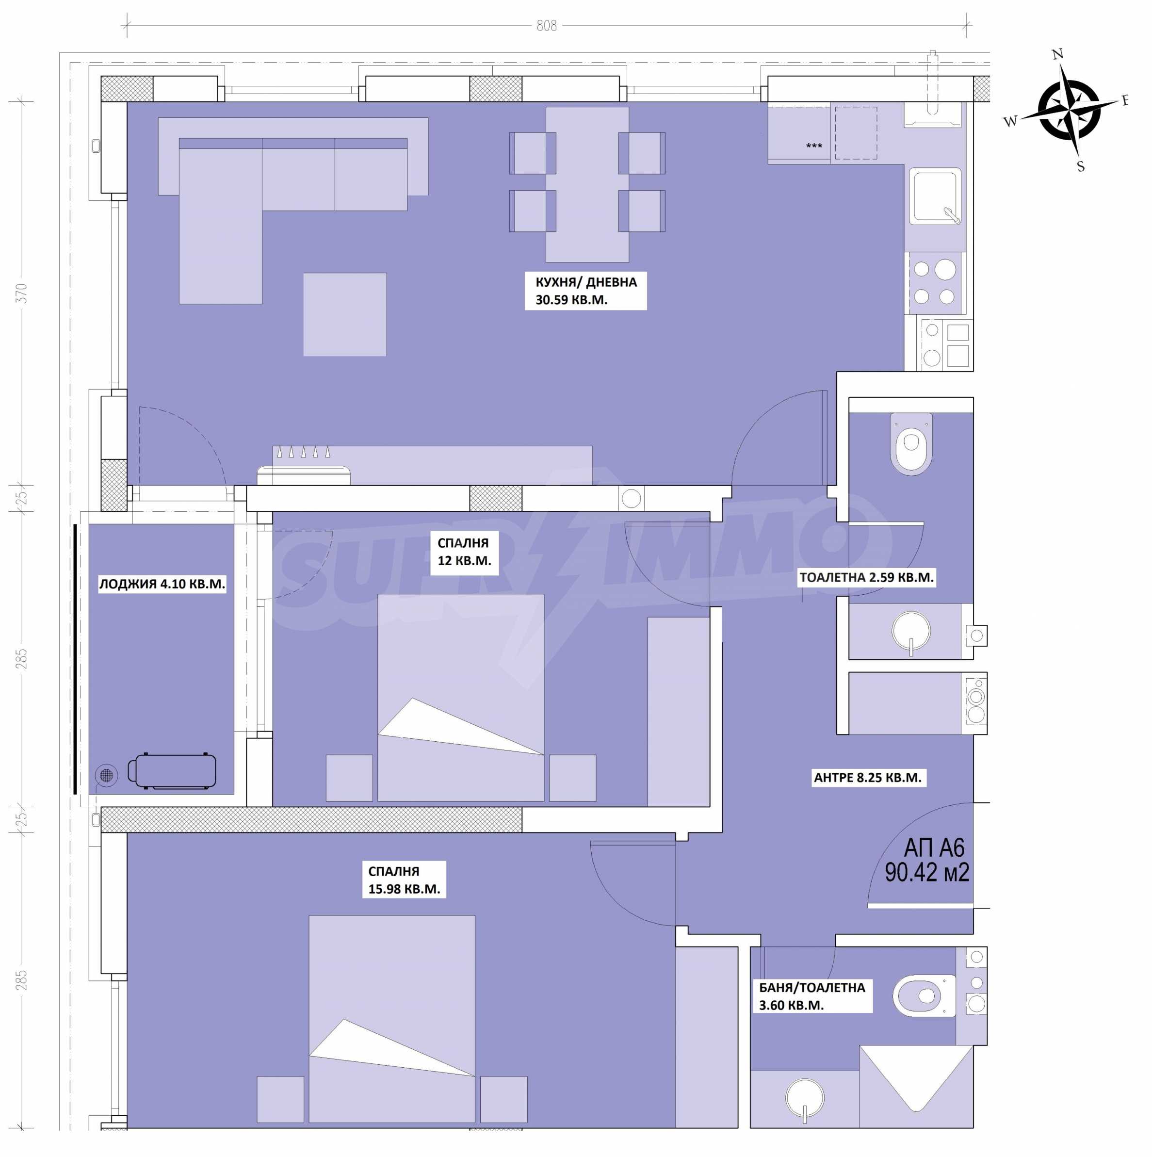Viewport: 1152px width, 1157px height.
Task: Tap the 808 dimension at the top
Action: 546,26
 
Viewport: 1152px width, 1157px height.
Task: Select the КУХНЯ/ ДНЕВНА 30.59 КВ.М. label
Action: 585,291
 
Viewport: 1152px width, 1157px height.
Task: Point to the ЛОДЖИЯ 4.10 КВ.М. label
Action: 162,584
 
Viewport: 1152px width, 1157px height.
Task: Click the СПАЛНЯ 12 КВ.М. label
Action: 464,552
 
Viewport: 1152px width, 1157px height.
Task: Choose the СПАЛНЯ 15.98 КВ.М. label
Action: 404,880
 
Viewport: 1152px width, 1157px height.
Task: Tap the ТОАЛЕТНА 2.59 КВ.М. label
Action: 866,577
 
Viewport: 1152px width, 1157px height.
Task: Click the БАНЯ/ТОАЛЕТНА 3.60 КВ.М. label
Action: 812,996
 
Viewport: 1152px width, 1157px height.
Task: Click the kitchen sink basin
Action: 935,196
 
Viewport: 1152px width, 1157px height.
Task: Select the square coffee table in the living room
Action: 345,314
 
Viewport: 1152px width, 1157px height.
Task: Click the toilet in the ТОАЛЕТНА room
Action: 911,444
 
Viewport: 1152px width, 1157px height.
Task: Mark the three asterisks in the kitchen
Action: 814,146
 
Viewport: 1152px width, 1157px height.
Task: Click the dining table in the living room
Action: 587,184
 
